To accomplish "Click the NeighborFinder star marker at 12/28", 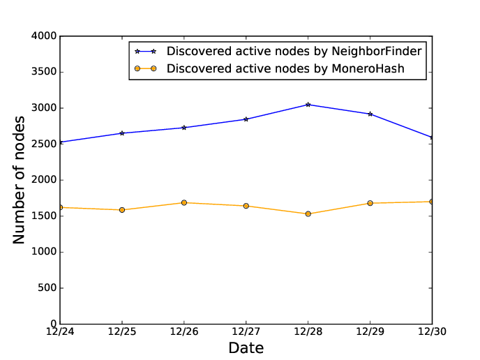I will [308, 105].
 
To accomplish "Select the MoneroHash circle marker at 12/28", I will [308, 213].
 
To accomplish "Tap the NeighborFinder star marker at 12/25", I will [122, 133].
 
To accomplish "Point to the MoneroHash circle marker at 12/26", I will [184, 202].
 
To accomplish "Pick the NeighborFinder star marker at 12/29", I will [370, 114].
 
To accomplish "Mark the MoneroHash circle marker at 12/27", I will [246, 206].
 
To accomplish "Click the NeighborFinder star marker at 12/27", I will [246, 119].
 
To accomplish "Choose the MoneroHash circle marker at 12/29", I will [370, 203].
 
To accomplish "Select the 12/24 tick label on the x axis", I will [60, 331].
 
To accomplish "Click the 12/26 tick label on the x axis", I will [184, 331].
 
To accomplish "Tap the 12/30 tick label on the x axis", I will [432, 331].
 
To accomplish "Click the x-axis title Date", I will [246, 347].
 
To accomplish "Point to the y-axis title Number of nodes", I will [20, 180].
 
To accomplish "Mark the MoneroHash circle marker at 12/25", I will [122, 210].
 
